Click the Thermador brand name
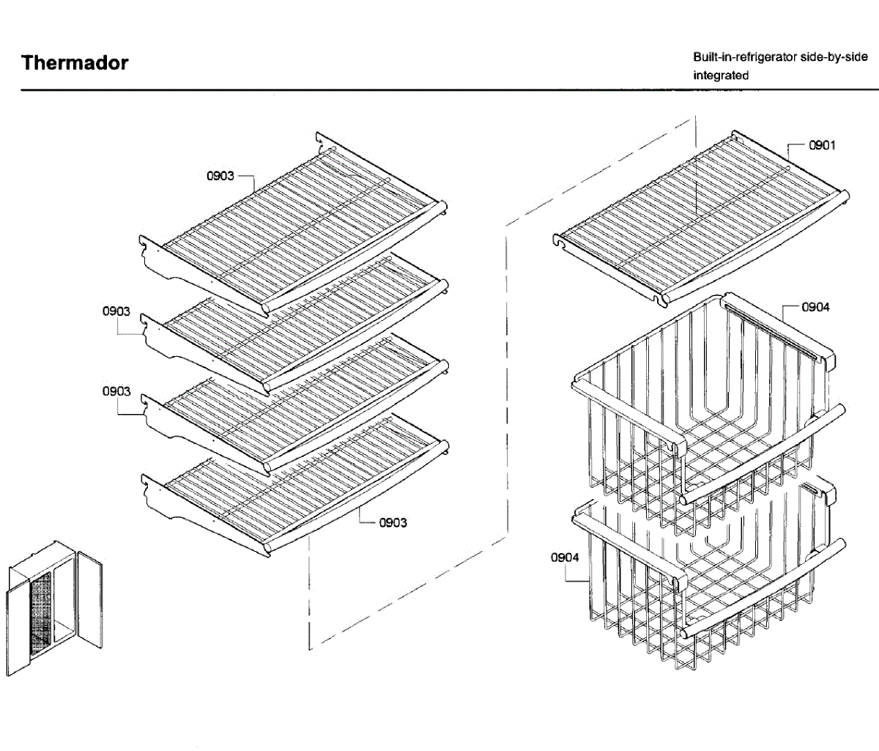tap(75, 63)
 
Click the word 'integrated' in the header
tap(721, 75)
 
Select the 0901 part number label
tap(822, 145)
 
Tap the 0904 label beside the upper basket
tap(816, 307)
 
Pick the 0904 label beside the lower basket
tap(565, 558)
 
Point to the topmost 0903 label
tap(220, 176)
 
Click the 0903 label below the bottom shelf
tap(393, 522)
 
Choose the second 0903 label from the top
tap(116, 311)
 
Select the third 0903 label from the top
tap(116, 391)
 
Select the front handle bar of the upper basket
tap(762, 454)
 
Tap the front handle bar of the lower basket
tap(762, 590)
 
